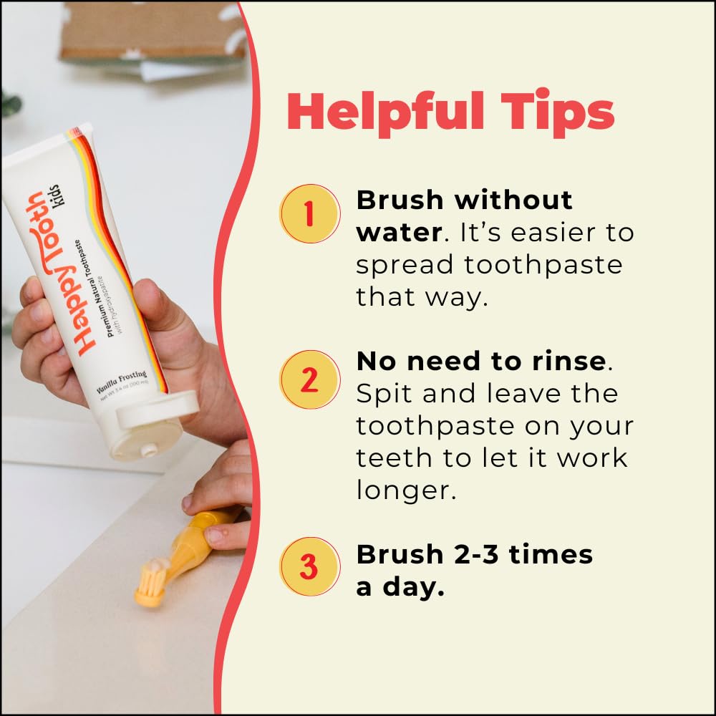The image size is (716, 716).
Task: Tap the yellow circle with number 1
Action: [x=309, y=213]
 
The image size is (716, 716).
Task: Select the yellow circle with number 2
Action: [x=309, y=379]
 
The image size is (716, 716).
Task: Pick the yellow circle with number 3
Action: [x=309, y=566]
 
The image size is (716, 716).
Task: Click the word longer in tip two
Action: [x=406, y=492]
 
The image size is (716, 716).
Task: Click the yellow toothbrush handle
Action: [x=197, y=544]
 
